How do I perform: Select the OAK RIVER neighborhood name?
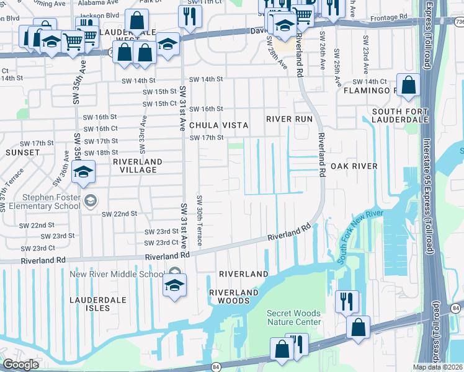tap(354, 166)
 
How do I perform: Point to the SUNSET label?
tap(23, 152)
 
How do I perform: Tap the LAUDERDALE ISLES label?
tap(97, 304)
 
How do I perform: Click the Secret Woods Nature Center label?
tap(294, 317)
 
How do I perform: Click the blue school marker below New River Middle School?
tap(175, 286)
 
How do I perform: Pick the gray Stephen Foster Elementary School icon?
tap(91, 200)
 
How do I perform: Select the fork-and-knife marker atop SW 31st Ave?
tap(190, 15)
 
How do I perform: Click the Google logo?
tap(21, 365)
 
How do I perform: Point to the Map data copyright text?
tap(438, 367)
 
